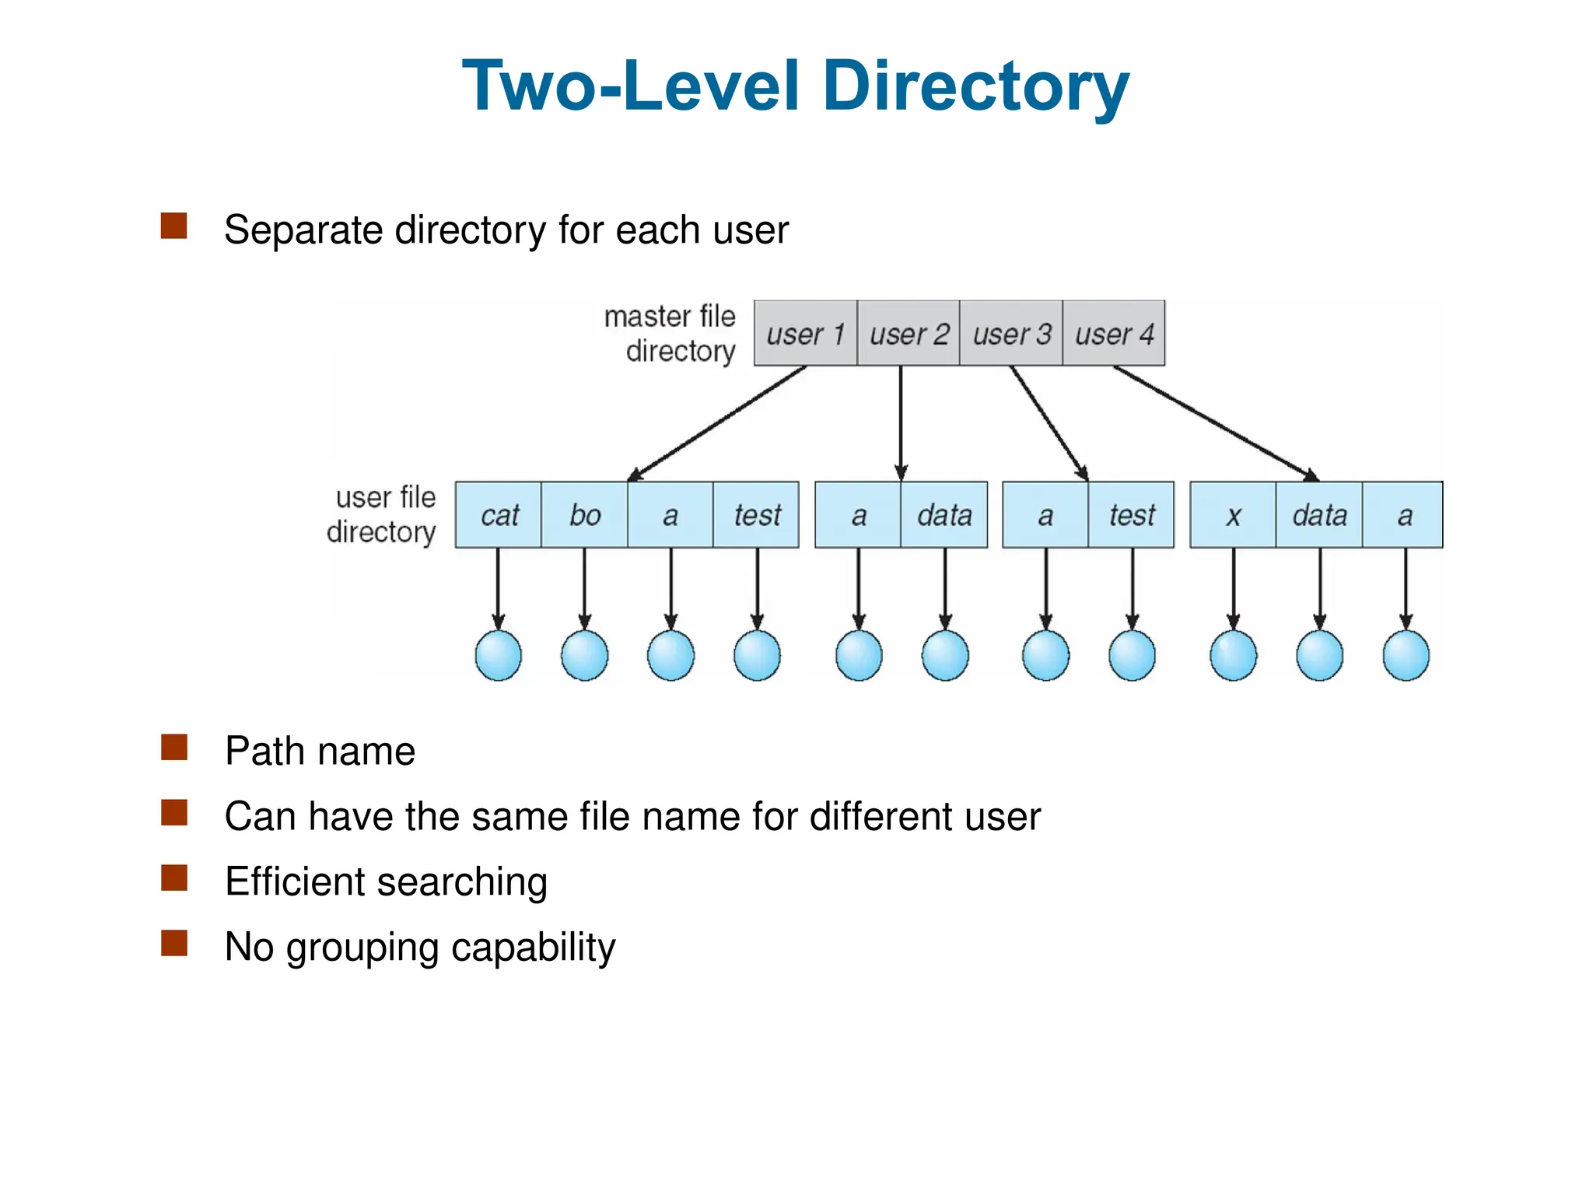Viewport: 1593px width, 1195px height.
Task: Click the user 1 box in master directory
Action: click(805, 333)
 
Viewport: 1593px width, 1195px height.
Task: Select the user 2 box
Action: click(909, 333)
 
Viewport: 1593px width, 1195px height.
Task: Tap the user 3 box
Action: click(1011, 333)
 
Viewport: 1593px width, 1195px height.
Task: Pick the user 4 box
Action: click(1114, 333)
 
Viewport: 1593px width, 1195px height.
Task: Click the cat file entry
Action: click(499, 515)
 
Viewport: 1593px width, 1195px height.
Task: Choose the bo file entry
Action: click(584, 515)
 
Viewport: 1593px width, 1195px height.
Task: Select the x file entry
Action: click(1233, 515)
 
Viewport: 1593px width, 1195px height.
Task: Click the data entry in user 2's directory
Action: click(944, 515)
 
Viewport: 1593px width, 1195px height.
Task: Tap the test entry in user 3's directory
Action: click(1132, 515)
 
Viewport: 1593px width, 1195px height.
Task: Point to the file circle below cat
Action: click(499, 655)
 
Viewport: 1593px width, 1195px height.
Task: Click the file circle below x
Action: click(1233, 655)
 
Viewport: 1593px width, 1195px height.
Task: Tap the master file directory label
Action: click(670, 334)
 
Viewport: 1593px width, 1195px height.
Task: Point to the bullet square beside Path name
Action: click(173, 747)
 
